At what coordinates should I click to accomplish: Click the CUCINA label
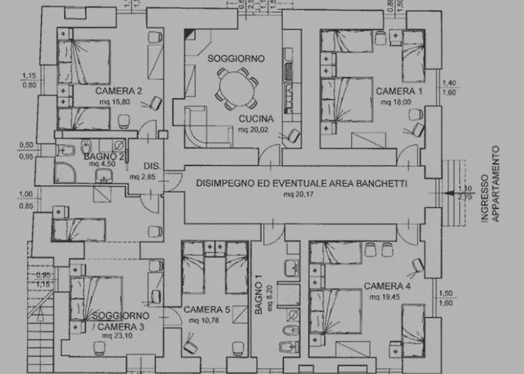(x=256, y=119)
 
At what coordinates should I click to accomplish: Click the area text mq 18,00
(x=397, y=100)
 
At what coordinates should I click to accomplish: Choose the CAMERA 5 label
(x=207, y=310)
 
